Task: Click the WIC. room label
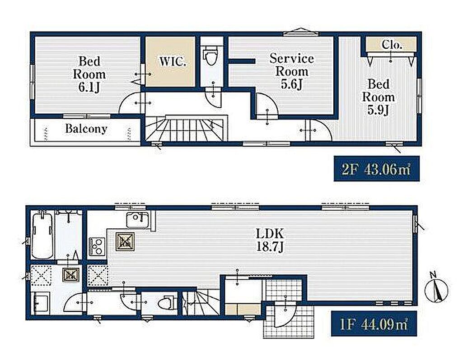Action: pyautogui.click(x=173, y=62)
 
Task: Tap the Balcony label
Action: pyautogui.click(x=86, y=129)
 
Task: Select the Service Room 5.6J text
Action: pyautogui.click(x=292, y=71)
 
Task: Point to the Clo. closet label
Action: pyautogui.click(x=392, y=45)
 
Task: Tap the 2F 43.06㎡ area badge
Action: pyautogui.click(x=376, y=169)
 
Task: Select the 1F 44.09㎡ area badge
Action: pyautogui.click(x=374, y=324)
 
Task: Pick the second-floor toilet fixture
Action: pyautogui.click(x=210, y=56)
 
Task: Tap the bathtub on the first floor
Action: pyautogui.click(x=42, y=236)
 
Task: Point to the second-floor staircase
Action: pyautogui.click(x=186, y=128)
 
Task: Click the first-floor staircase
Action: pyautogui.click(x=201, y=302)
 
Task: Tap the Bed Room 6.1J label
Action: pyautogui.click(x=89, y=74)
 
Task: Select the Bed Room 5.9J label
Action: pyautogui.click(x=378, y=97)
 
